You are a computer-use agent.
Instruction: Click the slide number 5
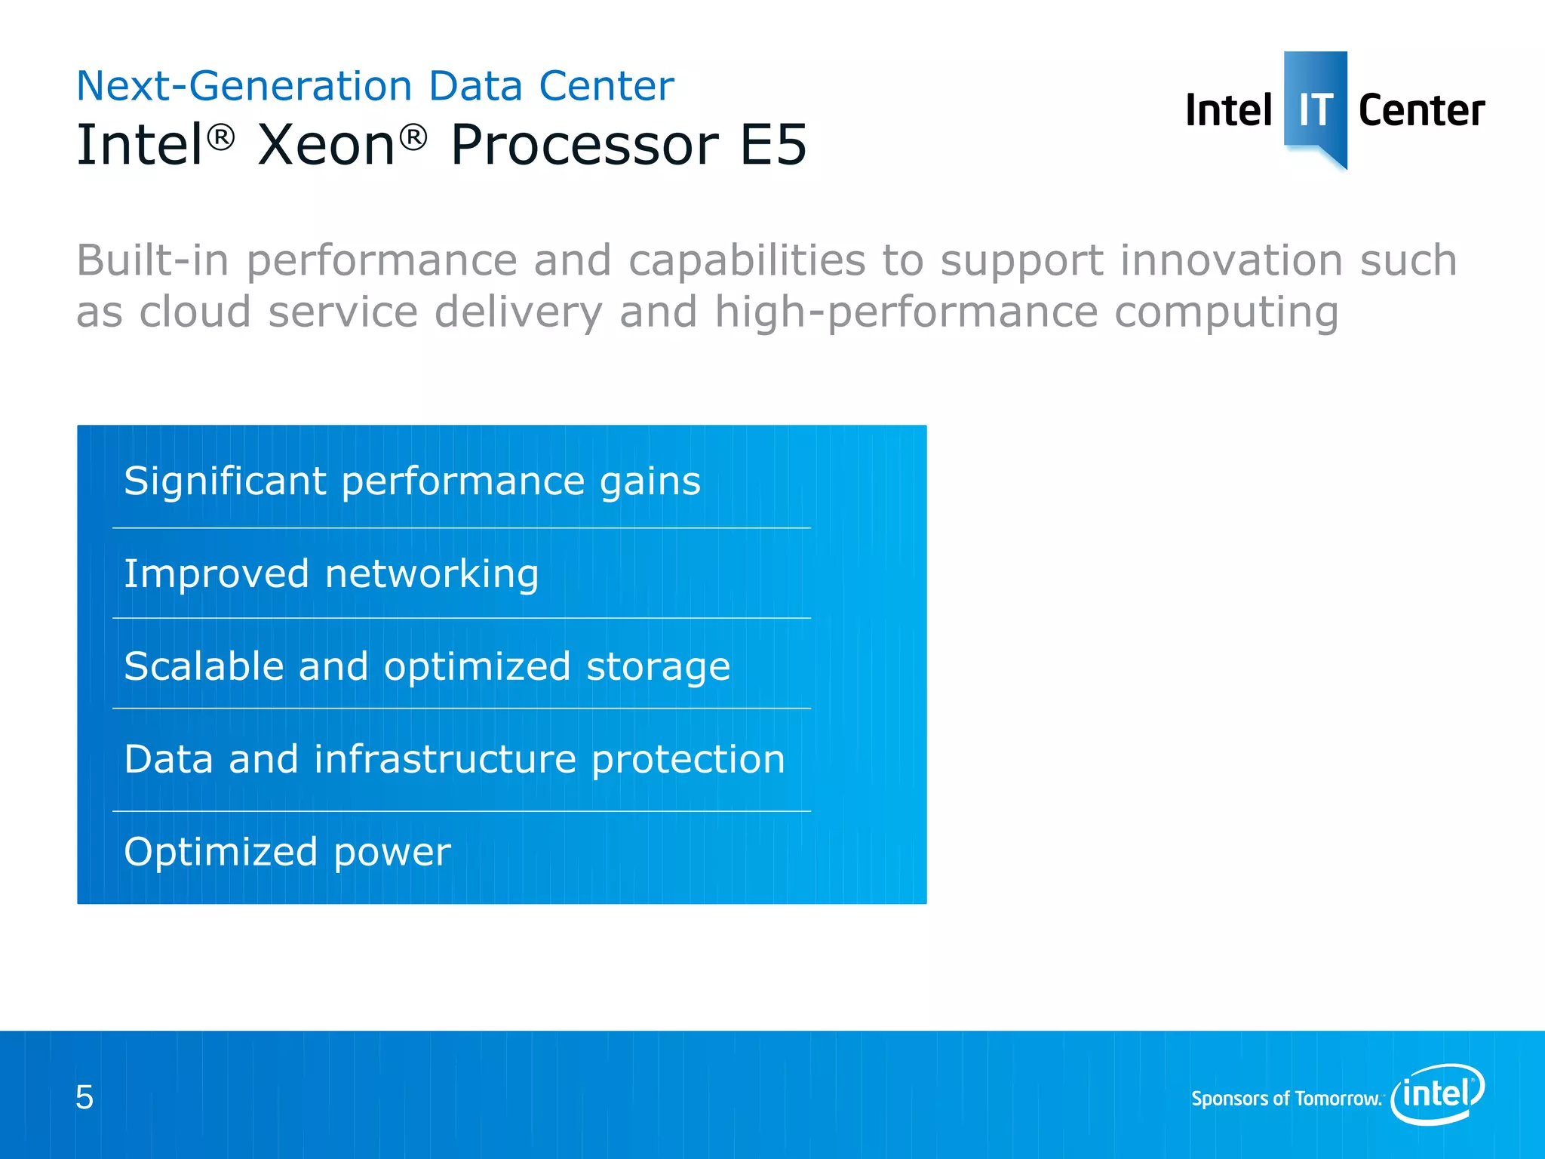(x=84, y=1097)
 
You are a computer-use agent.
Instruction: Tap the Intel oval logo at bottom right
(x=1438, y=1093)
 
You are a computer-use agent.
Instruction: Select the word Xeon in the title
(x=326, y=144)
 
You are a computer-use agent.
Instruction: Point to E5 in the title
(x=773, y=144)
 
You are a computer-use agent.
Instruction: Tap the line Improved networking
(x=331, y=573)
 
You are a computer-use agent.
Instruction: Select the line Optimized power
(x=287, y=852)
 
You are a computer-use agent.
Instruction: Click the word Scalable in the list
(x=204, y=666)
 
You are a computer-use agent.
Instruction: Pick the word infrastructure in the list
(x=445, y=759)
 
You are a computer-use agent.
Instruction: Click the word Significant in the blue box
(x=225, y=481)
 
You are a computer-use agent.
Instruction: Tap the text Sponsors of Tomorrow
(x=1285, y=1099)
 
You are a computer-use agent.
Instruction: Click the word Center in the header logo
(x=1421, y=111)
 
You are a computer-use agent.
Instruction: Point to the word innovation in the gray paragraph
(x=1231, y=261)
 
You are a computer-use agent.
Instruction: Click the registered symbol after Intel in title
(x=221, y=137)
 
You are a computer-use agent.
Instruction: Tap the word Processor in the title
(x=584, y=144)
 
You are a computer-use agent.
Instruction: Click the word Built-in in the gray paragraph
(x=152, y=261)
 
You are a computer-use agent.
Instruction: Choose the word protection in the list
(x=688, y=759)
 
